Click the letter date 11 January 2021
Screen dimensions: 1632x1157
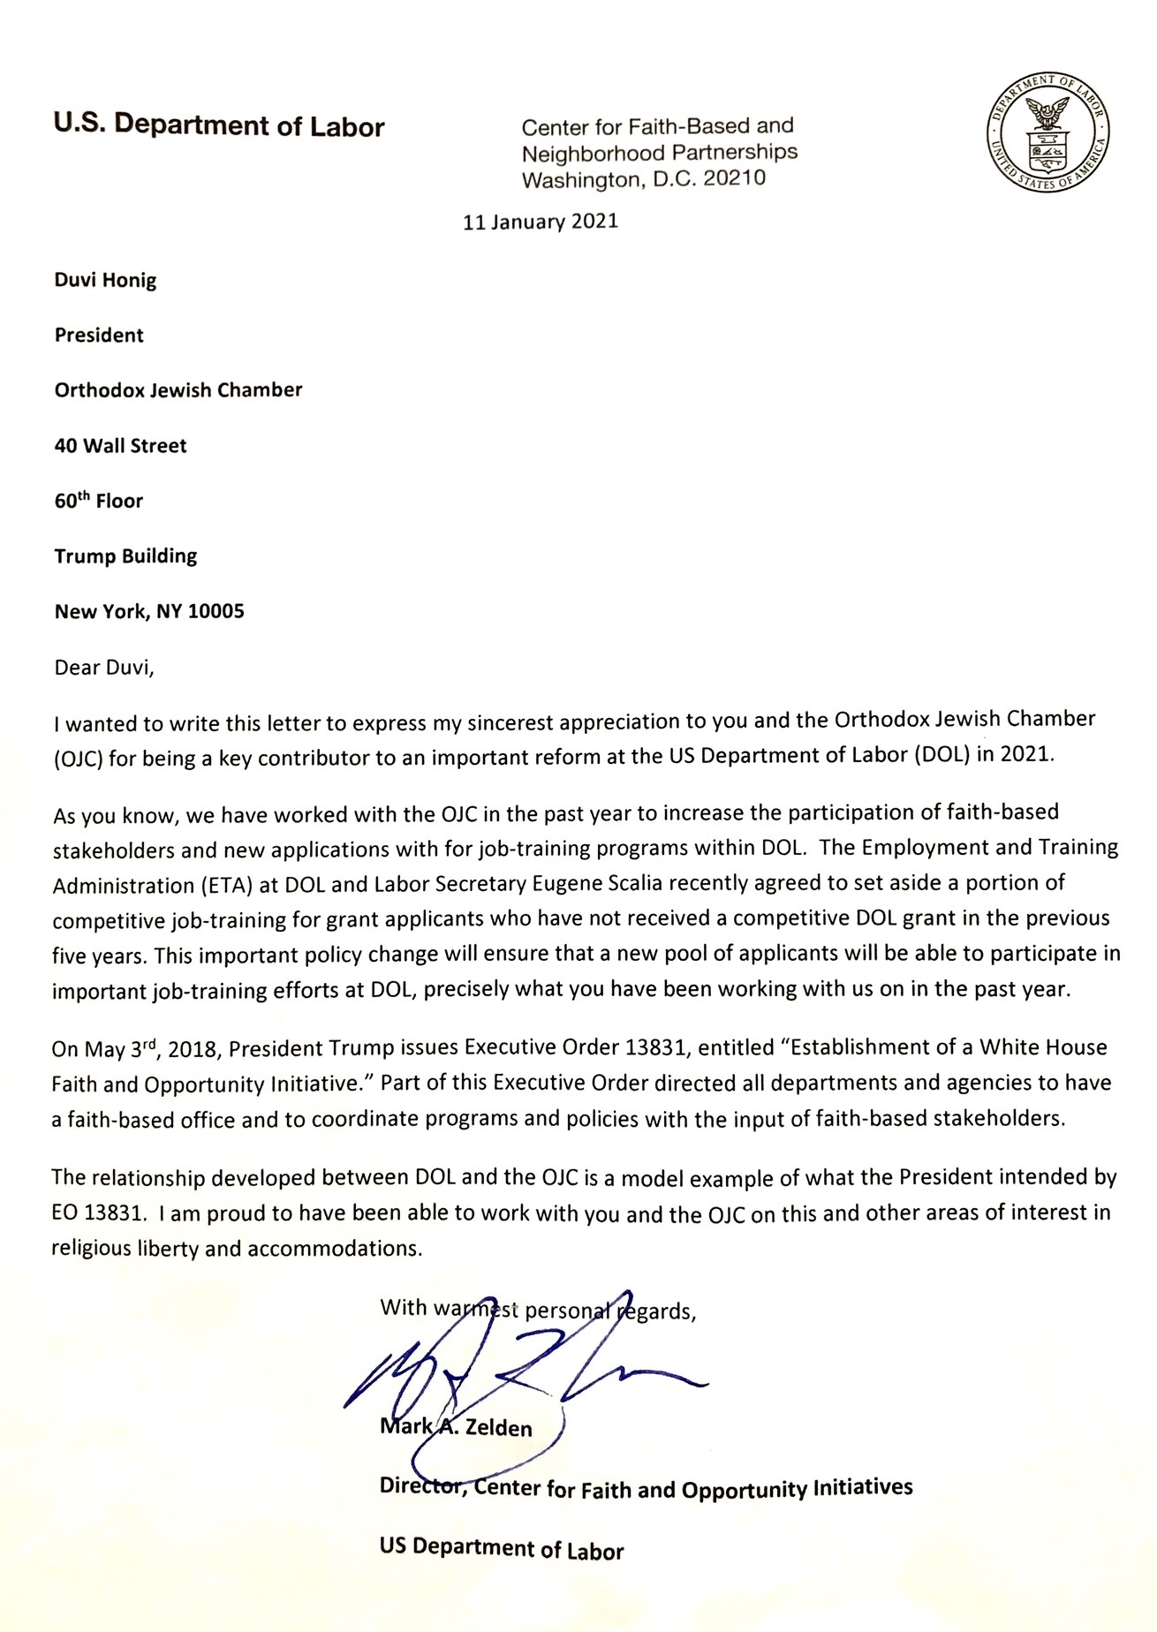point(541,221)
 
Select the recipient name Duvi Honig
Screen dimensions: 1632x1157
point(105,281)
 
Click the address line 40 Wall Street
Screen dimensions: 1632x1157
point(120,446)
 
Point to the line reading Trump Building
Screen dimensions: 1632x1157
point(125,556)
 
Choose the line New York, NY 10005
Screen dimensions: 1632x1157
point(149,611)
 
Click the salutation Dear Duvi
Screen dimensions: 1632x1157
point(104,667)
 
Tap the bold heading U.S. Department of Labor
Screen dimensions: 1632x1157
point(219,126)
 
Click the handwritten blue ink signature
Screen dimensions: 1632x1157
point(495,1378)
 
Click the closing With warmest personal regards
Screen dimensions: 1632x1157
point(538,1310)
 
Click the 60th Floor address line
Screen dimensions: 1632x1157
point(99,501)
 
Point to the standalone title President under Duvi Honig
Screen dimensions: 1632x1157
point(99,336)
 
